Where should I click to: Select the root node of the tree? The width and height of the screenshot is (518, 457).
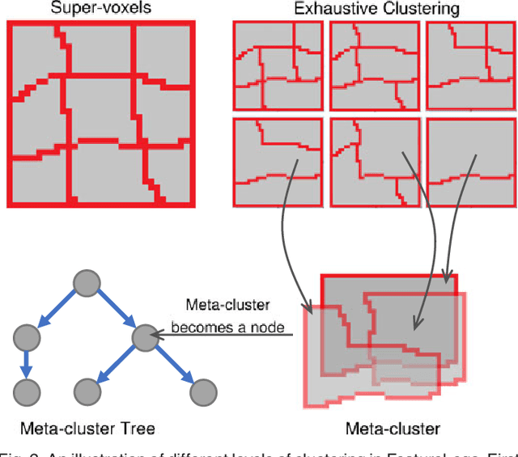tap(87, 281)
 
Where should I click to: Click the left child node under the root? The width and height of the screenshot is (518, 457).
tap(28, 337)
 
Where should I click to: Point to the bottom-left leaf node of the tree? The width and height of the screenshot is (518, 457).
tap(28, 392)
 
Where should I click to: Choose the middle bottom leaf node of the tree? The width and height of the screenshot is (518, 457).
tap(87, 392)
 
